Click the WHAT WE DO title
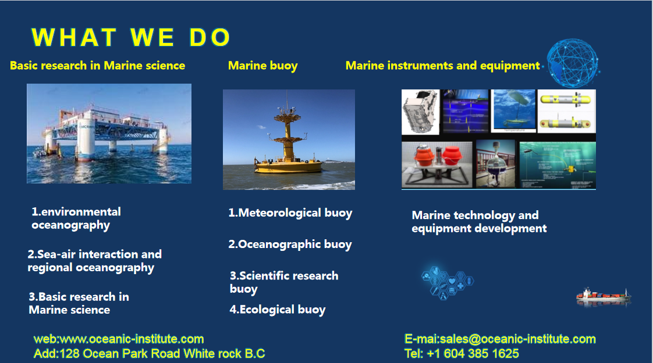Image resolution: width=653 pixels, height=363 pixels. [x=131, y=37]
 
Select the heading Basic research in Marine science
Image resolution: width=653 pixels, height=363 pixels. [x=97, y=66]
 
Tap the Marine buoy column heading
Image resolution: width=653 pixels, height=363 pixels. [x=263, y=66]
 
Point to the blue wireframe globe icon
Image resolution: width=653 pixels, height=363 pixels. [x=573, y=63]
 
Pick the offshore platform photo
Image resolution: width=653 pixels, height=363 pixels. [x=109, y=134]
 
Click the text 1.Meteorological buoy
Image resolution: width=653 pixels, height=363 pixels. [x=290, y=213]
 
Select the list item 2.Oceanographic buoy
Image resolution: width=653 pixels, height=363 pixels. [x=290, y=245]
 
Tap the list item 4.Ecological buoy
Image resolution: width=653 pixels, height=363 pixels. [x=278, y=310]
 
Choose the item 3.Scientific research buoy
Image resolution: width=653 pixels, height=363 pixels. [x=284, y=282]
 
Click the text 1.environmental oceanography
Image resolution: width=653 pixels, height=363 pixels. [x=76, y=218]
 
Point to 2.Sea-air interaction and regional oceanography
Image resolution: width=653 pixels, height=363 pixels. [x=94, y=261]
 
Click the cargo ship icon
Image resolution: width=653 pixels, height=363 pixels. [x=604, y=296]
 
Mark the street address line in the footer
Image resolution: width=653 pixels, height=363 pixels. [x=149, y=354]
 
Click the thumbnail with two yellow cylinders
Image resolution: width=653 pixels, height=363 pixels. [x=566, y=111]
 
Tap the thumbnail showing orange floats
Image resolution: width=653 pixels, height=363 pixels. [x=437, y=165]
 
